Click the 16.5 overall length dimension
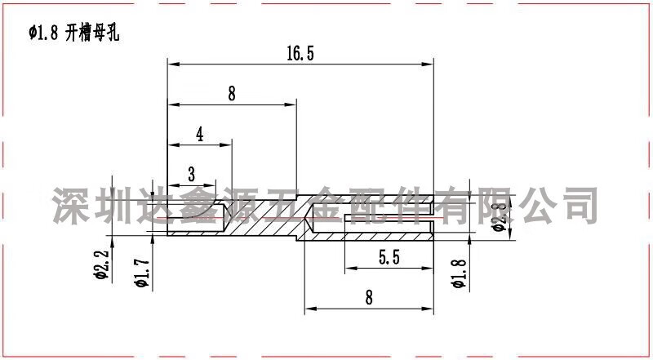(x=300, y=54)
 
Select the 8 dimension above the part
(x=232, y=93)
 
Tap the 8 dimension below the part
(x=369, y=297)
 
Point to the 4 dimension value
(x=200, y=135)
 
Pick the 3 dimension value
(x=192, y=174)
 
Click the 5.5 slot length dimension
(x=389, y=258)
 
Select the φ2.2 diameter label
(x=103, y=264)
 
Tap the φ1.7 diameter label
(x=142, y=273)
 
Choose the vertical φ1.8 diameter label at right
(x=459, y=273)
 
